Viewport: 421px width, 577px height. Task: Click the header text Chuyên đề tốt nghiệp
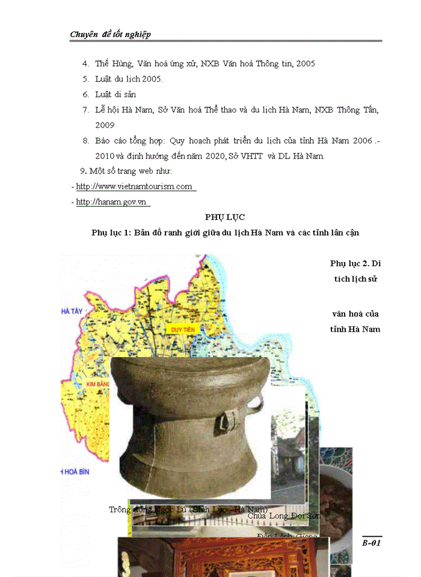110,34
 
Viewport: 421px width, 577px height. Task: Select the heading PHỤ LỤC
224,217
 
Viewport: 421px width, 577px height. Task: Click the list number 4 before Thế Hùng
86,63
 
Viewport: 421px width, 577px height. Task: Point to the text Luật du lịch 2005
129,79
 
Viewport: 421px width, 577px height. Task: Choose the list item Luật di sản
115,94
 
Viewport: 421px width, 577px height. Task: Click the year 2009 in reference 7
105,126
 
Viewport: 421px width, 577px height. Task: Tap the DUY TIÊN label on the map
184,330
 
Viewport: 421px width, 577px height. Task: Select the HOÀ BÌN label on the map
76,472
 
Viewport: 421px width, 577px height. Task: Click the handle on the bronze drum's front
227,421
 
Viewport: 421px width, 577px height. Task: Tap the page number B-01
372,543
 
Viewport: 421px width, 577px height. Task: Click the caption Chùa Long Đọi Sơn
284,516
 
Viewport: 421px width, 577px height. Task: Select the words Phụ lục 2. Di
355,263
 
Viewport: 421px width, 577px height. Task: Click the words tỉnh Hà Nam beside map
355,329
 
